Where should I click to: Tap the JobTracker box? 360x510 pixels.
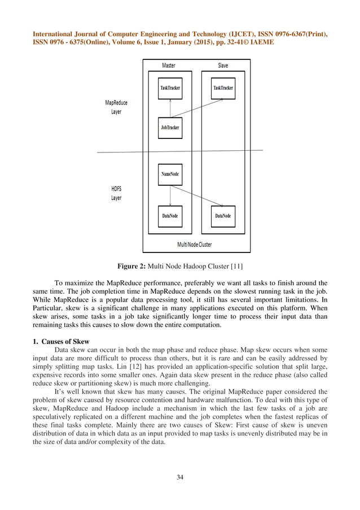[x=170, y=128]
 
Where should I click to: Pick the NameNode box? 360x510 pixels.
[x=170, y=175]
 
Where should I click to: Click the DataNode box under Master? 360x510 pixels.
[x=170, y=215]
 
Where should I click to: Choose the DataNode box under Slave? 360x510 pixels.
[x=223, y=215]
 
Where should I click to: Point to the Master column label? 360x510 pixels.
[x=169, y=66]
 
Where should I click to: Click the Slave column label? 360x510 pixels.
[x=223, y=66]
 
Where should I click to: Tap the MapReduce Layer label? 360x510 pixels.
[x=116, y=107]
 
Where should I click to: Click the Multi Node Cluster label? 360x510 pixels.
[x=195, y=245]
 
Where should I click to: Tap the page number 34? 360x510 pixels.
[x=180, y=478]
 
